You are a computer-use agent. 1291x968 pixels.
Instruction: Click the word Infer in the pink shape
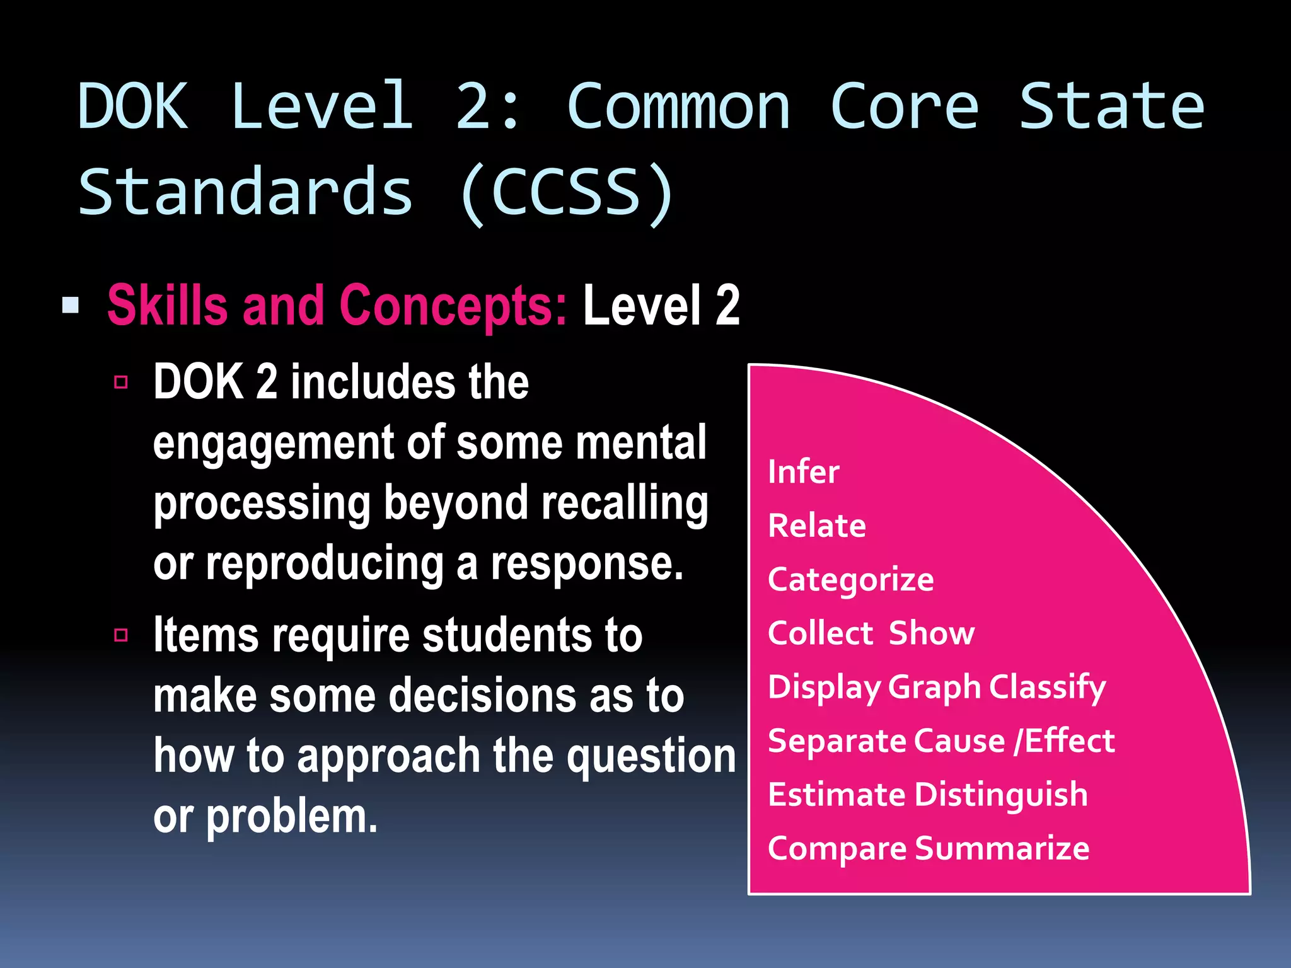803,472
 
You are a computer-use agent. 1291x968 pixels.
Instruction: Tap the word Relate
816,526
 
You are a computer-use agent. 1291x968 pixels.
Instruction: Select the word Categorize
850,580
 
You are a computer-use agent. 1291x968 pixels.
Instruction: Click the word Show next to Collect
931,633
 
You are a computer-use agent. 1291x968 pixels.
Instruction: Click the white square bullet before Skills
71,306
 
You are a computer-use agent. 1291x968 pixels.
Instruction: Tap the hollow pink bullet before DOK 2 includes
121,382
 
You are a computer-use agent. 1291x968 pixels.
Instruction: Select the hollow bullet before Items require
121,635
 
